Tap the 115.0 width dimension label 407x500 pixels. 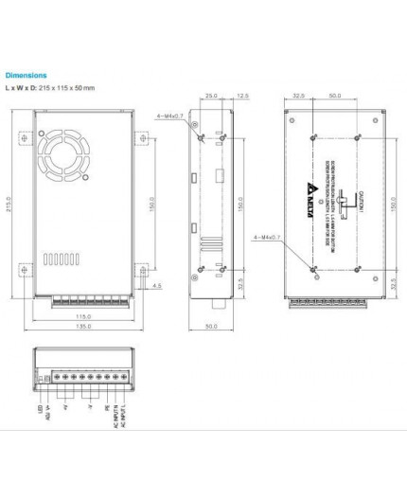coord(83,316)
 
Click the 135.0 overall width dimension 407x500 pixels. coord(83,328)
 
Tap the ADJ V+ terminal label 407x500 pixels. coord(47,414)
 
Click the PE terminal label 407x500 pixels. coord(106,408)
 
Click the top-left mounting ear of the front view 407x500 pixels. coord(23,136)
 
